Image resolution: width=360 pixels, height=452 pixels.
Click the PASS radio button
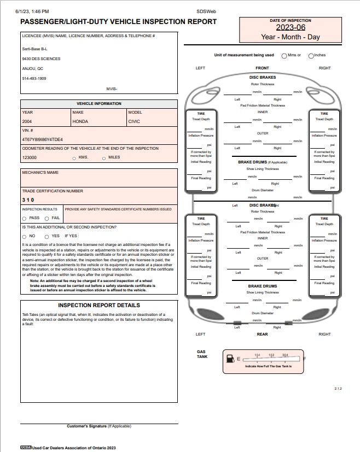(x=24, y=218)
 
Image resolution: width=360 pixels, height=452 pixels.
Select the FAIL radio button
(x=47, y=218)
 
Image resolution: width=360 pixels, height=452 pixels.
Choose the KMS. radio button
(x=74, y=159)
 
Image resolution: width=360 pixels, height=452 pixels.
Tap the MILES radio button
(x=104, y=159)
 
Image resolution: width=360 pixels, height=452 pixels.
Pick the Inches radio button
(x=311, y=55)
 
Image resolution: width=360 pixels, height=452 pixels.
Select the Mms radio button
(x=284, y=55)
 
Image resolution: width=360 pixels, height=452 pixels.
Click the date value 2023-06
(x=291, y=27)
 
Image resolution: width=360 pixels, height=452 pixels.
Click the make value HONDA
(x=80, y=121)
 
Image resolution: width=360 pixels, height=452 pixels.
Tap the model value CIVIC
(x=134, y=121)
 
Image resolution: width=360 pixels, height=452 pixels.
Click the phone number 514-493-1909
(x=34, y=79)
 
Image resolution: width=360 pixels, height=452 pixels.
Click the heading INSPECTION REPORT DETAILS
(x=99, y=306)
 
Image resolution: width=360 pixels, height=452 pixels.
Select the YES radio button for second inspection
(x=47, y=236)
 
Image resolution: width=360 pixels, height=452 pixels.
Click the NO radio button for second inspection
(x=24, y=236)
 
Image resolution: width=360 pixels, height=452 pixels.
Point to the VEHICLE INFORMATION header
(x=99, y=103)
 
